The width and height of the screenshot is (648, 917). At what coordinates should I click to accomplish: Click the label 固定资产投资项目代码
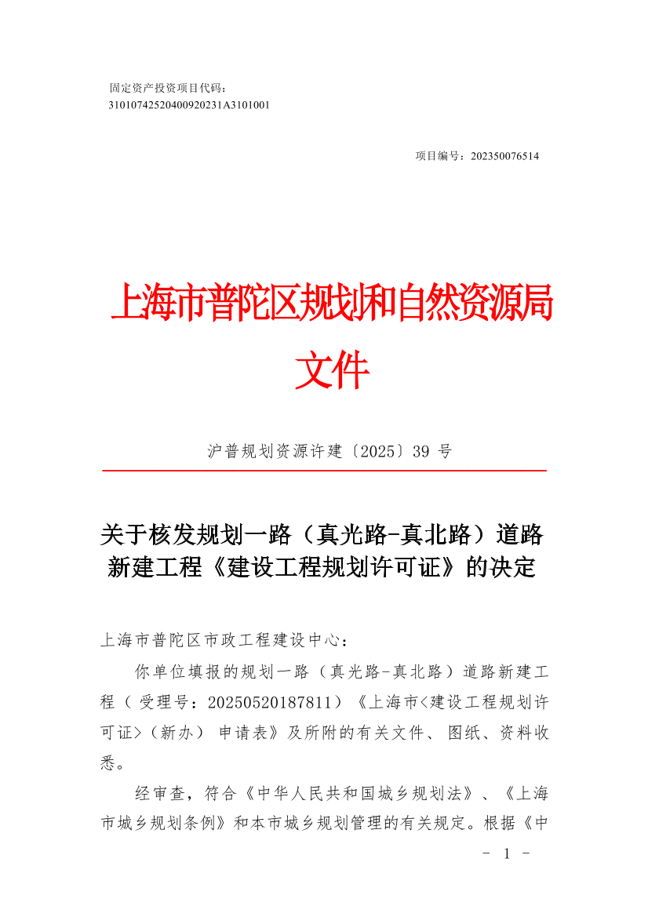(165, 88)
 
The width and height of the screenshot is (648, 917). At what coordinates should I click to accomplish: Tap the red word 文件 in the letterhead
(332, 371)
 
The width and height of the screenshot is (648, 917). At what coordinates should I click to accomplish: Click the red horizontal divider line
(324, 471)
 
